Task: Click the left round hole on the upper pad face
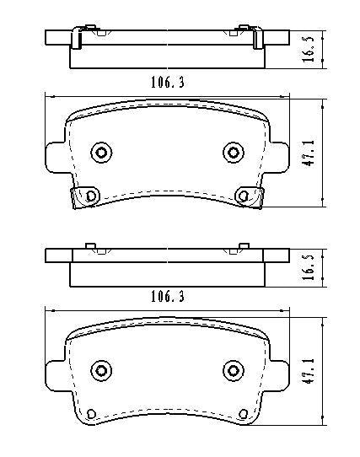[x=102, y=152]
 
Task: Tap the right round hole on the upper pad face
[x=233, y=152]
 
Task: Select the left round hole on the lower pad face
[x=102, y=370]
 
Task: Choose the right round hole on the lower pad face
[x=233, y=370]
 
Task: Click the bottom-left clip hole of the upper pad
[x=84, y=196]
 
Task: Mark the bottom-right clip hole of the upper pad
[x=244, y=196]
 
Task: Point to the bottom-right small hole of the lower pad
[x=244, y=412]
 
